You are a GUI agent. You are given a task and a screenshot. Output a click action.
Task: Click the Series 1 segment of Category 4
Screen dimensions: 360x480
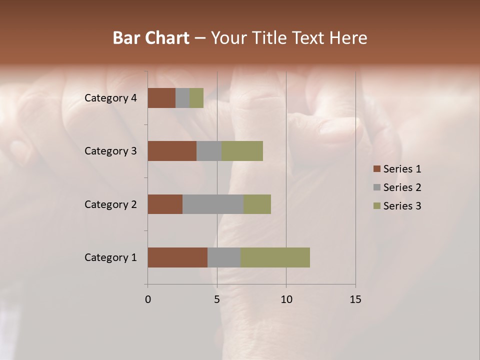[161, 98]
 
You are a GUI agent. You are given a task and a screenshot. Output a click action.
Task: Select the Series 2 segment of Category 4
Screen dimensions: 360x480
[182, 98]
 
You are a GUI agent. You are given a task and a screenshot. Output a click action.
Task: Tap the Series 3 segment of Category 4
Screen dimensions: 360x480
[196, 98]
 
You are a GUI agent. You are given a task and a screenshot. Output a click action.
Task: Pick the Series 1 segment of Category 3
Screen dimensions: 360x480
[172, 151]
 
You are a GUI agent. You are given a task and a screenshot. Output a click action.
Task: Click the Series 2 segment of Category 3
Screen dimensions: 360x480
[209, 151]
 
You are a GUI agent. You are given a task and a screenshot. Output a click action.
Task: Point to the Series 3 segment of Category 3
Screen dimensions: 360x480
[242, 151]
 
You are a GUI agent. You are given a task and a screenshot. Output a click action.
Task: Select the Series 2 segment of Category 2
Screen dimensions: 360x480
[213, 204]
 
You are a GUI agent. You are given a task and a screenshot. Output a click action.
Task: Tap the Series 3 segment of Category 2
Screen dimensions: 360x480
[257, 204]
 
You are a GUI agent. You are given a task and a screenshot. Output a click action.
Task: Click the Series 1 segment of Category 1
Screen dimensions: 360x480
[177, 257]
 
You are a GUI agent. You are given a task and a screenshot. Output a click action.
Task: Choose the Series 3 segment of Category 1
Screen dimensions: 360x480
[275, 257]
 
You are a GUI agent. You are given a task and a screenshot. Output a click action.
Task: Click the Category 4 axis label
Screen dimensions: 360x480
[110, 98]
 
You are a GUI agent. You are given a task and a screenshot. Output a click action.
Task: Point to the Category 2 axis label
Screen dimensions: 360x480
[110, 204]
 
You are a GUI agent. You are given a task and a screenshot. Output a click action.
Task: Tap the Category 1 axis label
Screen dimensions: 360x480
[110, 257]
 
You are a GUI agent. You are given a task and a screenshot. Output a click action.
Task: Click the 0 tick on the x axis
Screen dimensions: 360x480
[148, 299]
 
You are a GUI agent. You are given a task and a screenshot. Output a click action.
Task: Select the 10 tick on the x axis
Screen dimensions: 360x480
[286, 299]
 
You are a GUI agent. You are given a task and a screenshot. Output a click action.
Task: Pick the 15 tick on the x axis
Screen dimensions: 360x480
[355, 299]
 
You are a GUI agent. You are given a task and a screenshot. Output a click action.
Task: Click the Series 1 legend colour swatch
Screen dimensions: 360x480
[376, 169]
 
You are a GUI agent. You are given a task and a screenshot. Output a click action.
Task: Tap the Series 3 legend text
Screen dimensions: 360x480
[402, 206]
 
